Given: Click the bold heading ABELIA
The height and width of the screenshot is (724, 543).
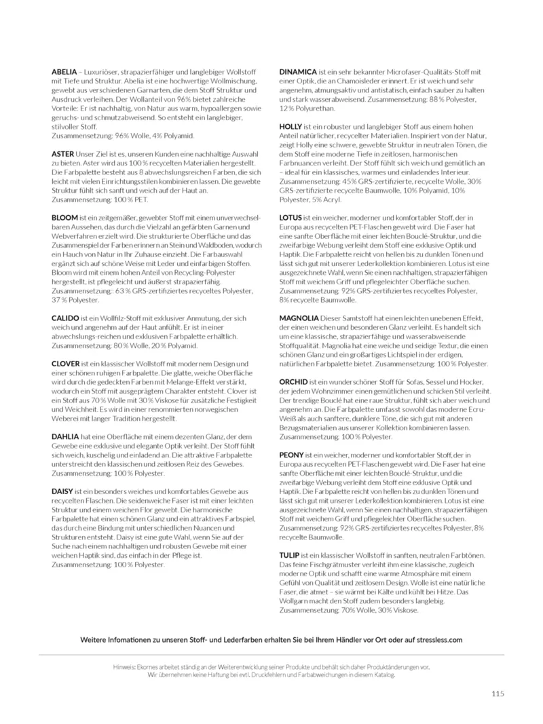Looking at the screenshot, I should (x=64, y=71).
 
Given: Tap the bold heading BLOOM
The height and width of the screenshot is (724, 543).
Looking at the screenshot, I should (x=65, y=216).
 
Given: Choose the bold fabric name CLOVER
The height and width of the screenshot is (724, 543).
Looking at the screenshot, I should (x=66, y=364).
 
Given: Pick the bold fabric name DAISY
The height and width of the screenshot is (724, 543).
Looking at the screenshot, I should (x=63, y=490).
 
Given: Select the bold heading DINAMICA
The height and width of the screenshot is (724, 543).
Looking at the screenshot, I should (x=298, y=71).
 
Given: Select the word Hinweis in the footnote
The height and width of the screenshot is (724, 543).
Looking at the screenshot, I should (x=125, y=667).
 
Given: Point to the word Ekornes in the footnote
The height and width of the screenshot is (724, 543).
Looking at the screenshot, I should (x=152, y=667).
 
